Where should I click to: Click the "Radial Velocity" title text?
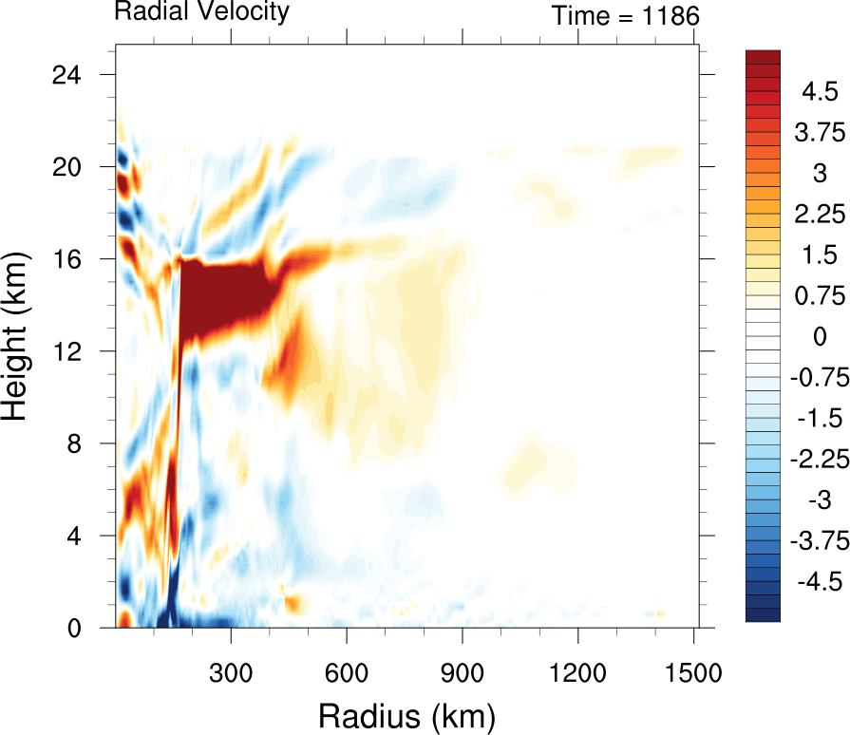201,12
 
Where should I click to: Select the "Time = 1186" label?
625,16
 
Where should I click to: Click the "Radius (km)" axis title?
406,712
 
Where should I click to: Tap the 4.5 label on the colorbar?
819,93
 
